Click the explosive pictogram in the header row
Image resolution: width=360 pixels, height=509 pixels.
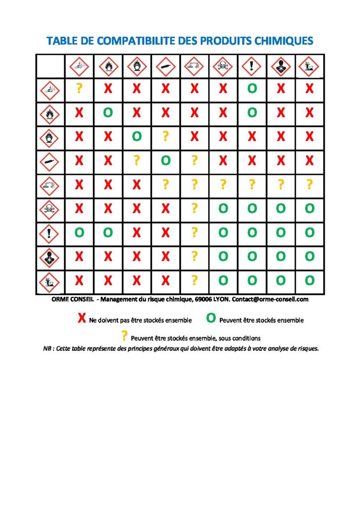[x=79, y=66]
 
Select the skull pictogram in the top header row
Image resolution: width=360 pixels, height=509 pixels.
[x=223, y=66]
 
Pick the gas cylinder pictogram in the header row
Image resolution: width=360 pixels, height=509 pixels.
[x=166, y=66]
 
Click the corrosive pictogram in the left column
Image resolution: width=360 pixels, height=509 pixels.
[x=50, y=185]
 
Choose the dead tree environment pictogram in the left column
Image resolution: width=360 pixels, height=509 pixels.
[x=50, y=282]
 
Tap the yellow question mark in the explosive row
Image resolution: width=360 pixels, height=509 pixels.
[x=79, y=89]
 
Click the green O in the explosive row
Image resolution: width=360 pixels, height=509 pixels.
[x=252, y=89]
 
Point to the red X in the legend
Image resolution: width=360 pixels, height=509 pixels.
[x=82, y=319]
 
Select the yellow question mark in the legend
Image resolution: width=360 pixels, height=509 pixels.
[x=124, y=337]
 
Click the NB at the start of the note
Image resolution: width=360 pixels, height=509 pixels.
[x=48, y=348]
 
